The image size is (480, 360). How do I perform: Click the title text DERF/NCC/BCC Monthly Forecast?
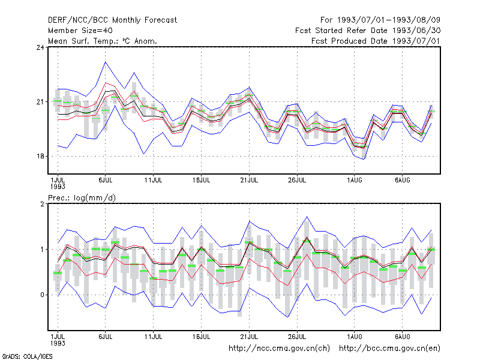tap(112, 20)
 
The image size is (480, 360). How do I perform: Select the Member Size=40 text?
tap(80, 31)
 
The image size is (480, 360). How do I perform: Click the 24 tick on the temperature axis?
tap(40, 47)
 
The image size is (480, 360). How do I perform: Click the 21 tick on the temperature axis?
tap(40, 101)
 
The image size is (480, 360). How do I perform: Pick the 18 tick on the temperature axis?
tap(40, 156)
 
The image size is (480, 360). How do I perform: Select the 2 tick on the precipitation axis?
tap(42, 204)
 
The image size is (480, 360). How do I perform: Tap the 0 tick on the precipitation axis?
tap(42, 295)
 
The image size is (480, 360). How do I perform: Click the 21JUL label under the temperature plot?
tap(249, 181)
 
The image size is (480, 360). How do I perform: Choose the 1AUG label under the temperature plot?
tap(355, 181)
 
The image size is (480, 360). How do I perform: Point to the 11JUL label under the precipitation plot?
tap(154, 337)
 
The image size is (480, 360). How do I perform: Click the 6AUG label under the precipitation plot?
tap(402, 337)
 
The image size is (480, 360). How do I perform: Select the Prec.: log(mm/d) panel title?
tap(82, 198)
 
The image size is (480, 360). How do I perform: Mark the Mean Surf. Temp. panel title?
tap(103, 41)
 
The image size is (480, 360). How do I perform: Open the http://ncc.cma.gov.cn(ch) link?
tap(279, 349)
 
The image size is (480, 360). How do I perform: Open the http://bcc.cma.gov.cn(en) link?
tap(389, 349)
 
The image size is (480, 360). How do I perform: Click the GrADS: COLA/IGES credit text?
tap(27, 356)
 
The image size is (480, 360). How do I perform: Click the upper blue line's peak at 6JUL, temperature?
tap(106, 62)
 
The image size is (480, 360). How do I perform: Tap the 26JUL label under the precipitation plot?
tap(297, 337)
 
